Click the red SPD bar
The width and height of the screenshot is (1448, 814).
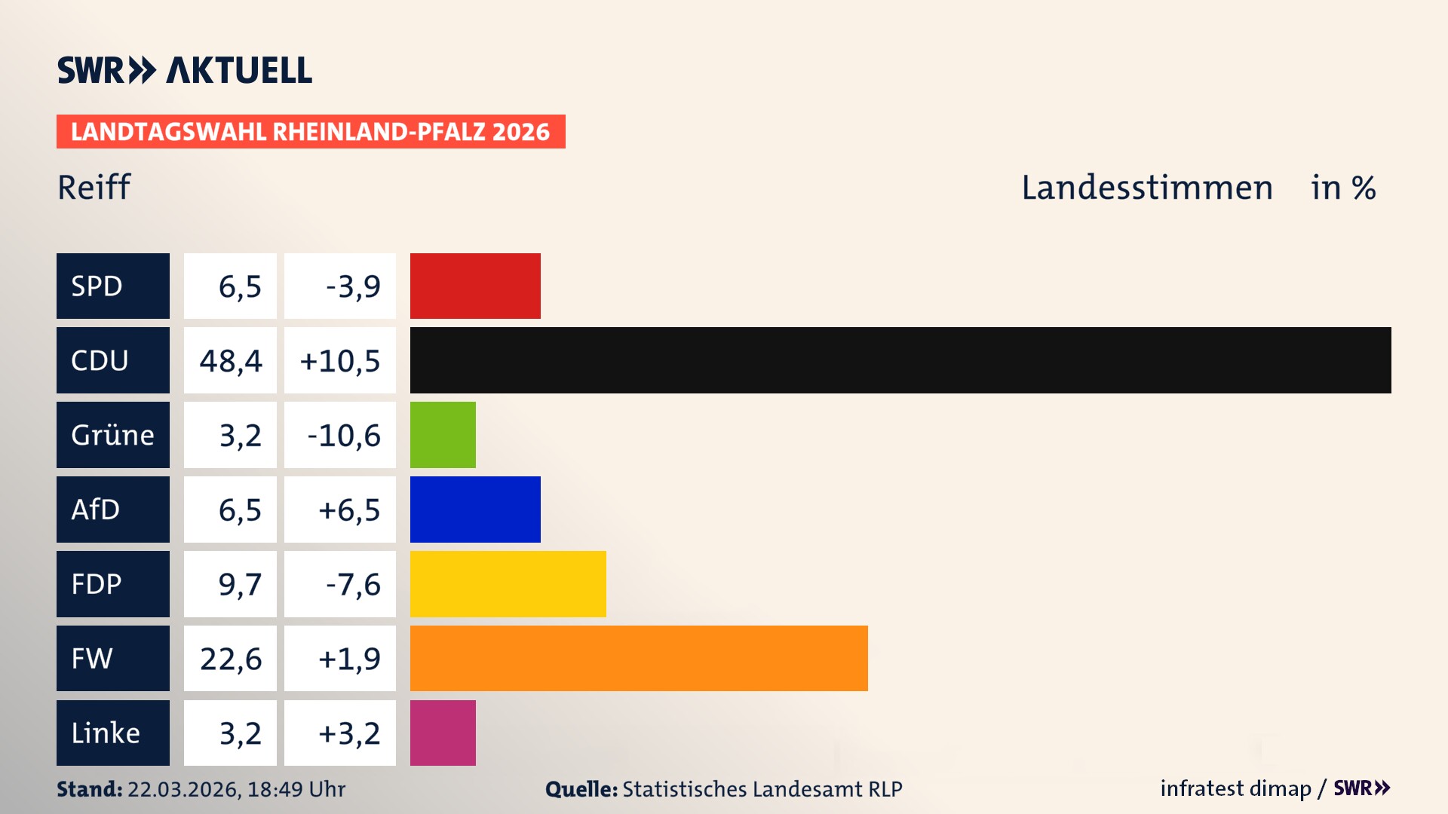click(x=475, y=286)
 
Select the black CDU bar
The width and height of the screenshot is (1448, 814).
click(x=900, y=360)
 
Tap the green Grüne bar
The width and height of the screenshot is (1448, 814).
click(x=443, y=435)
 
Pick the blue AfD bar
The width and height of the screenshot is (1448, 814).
click(x=475, y=510)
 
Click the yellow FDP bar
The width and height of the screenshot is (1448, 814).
click(x=508, y=584)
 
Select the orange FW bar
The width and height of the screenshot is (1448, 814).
click(x=639, y=658)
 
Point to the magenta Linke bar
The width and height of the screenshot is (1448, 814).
click(x=443, y=733)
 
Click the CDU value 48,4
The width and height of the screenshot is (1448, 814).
click(x=231, y=361)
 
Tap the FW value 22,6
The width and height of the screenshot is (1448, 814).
click(x=231, y=659)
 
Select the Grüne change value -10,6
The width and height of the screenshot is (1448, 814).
click(x=344, y=436)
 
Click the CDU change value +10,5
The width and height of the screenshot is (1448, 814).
click(x=340, y=361)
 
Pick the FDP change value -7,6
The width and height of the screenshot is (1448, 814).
click(x=353, y=585)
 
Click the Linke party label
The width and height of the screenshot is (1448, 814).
click(x=106, y=733)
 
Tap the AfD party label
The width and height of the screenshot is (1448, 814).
click(x=96, y=510)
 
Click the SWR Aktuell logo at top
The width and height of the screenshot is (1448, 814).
click(x=184, y=70)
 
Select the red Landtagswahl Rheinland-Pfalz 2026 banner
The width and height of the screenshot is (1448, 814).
click(x=311, y=132)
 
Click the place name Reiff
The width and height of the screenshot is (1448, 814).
click(x=94, y=188)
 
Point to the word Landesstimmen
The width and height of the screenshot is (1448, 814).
click(x=1147, y=188)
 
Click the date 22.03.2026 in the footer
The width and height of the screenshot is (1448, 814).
click(x=183, y=789)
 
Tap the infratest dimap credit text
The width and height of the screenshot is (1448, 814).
click(x=1235, y=788)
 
